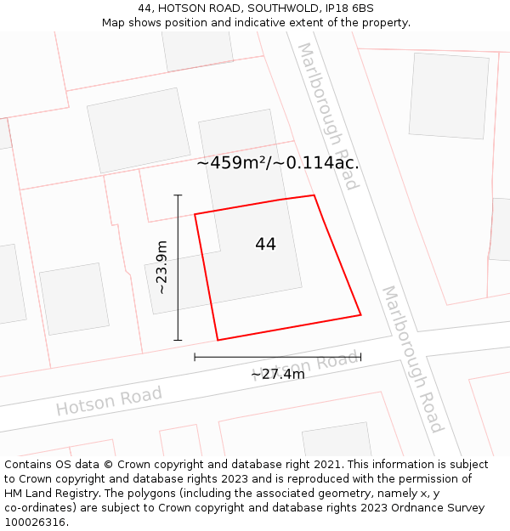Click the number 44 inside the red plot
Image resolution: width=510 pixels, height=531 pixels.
tap(265, 245)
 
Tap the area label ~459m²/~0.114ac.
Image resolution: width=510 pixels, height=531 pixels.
tap(278, 163)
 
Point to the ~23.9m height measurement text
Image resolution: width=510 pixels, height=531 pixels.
tap(161, 267)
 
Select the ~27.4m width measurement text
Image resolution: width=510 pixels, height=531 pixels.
tap(277, 374)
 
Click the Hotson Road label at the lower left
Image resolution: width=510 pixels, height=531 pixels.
tap(109, 401)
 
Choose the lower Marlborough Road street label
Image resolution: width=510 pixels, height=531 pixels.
tap(412, 359)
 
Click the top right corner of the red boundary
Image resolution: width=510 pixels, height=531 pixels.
tap(314, 195)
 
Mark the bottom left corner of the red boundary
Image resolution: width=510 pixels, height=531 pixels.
tap(218, 340)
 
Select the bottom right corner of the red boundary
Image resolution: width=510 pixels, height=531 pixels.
tap(360, 315)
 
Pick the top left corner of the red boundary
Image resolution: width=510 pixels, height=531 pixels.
tap(195, 214)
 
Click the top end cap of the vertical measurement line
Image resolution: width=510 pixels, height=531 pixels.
tap(178, 195)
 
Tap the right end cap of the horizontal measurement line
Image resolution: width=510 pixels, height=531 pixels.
tap(360, 357)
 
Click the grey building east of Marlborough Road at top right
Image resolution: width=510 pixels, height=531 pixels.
tap(449, 95)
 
